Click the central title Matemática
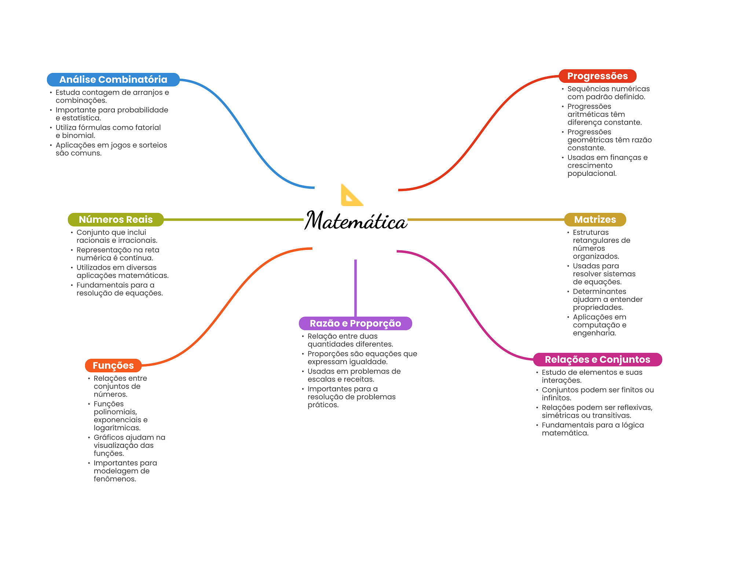coord(356,221)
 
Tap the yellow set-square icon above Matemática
coord(352,195)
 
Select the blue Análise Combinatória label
coord(113,80)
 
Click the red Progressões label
coord(597,76)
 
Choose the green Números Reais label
coord(116,220)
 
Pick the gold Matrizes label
coord(595,220)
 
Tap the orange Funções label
coord(113,365)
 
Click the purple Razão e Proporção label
coord(355,323)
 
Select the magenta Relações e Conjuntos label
coord(597,360)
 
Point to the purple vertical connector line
coord(355,288)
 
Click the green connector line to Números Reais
coord(234,220)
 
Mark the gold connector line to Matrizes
coord(486,220)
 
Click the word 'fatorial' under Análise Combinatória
coord(148,128)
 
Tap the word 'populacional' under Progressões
coord(592,174)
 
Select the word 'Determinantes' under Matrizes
coord(600,291)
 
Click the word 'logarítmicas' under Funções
coord(117,428)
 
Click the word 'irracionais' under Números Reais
coord(138,240)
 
